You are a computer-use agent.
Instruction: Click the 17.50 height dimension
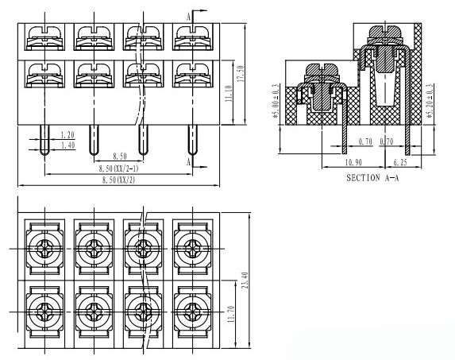click(241, 74)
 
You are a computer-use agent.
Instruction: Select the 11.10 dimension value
click(229, 94)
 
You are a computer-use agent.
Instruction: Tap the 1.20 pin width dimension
click(67, 135)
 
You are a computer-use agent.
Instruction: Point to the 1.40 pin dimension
click(67, 145)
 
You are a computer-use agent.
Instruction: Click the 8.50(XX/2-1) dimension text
click(118, 168)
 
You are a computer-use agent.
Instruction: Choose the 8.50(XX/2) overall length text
click(118, 180)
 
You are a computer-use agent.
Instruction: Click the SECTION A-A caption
click(372, 178)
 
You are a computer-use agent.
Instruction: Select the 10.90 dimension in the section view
click(353, 163)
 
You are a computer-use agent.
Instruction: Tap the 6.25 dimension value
click(400, 163)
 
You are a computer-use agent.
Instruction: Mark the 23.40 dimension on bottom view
click(245, 281)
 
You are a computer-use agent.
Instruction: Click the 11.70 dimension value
click(231, 314)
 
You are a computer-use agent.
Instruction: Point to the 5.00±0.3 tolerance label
click(276, 101)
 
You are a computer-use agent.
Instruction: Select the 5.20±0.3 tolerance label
click(430, 101)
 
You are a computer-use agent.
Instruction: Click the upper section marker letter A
click(189, 17)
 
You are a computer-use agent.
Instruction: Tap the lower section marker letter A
click(189, 161)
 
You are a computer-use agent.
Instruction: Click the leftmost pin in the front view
click(44, 140)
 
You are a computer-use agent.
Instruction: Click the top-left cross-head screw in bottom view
click(44, 249)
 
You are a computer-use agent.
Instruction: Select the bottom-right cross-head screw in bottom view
click(192, 312)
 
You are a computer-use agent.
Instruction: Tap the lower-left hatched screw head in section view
click(322, 70)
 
